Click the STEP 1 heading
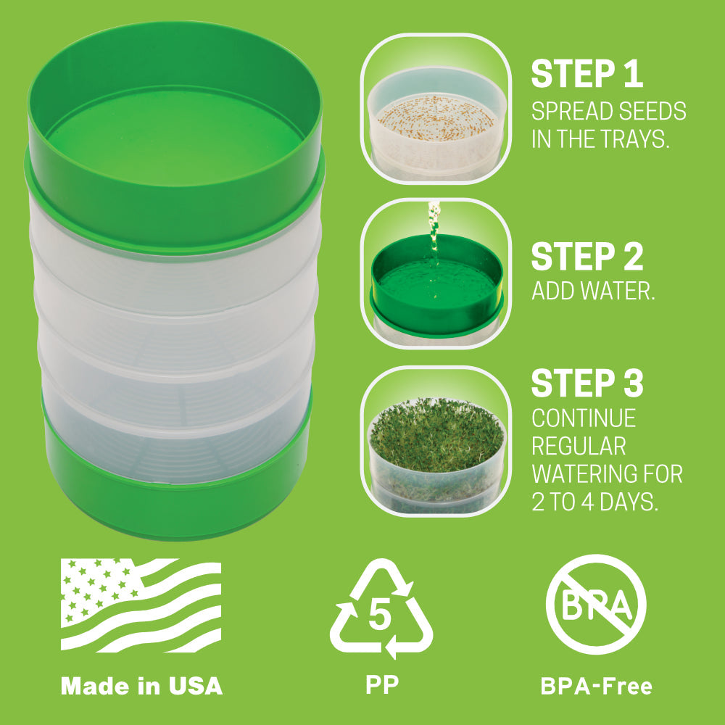587,74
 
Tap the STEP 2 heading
587,257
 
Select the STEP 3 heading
587,384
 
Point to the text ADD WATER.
593,291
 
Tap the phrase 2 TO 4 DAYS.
594,502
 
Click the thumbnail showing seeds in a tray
436,109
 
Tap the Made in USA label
141,685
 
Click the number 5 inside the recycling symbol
381,616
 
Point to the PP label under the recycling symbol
381,684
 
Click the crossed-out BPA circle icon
595,605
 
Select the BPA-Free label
596,685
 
